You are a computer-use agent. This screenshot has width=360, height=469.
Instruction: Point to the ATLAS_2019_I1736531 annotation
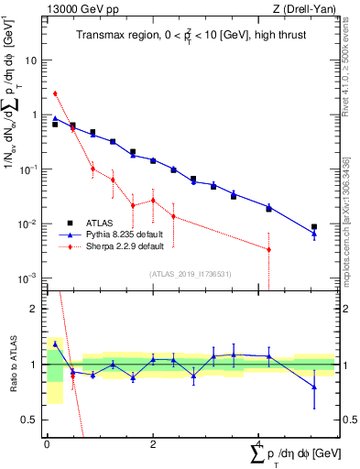[x=191, y=273]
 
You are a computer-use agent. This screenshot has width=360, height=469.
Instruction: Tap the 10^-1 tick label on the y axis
[x=29, y=169]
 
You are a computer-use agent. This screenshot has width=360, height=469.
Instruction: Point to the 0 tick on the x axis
[x=47, y=444]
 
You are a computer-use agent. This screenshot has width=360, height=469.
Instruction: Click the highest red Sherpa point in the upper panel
[x=55, y=93]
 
